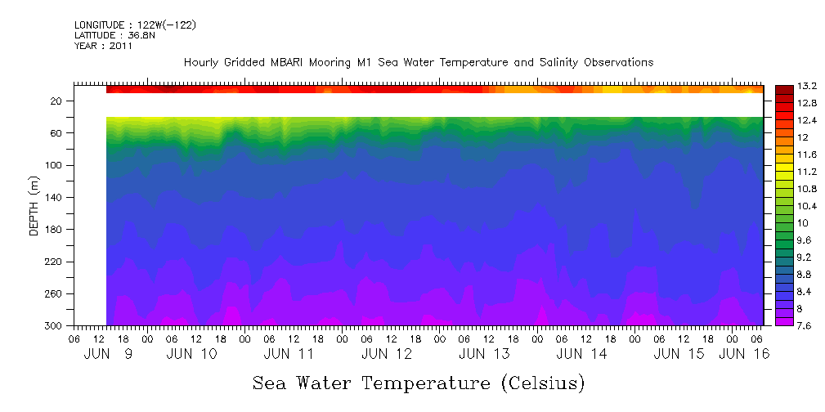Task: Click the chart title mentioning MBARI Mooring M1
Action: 418,62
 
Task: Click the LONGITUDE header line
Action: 135,25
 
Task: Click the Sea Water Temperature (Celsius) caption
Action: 419,383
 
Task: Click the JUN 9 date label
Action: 108,354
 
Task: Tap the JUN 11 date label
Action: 289,354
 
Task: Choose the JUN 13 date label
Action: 484,354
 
